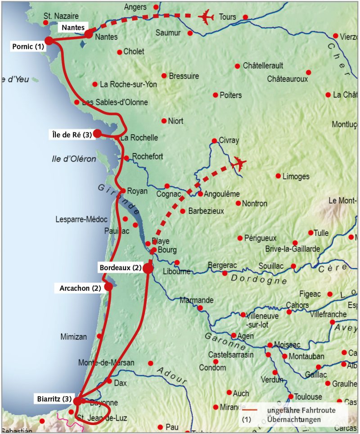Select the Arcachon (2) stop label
click(80, 288)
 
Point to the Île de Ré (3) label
click(71, 134)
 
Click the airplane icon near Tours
click(206, 18)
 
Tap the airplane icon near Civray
click(239, 164)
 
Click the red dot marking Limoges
click(278, 176)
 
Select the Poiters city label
click(230, 95)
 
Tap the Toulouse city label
click(308, 397)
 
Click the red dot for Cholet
click(119, 52)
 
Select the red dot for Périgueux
click(240, 238)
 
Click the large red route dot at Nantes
click(89, 34)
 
